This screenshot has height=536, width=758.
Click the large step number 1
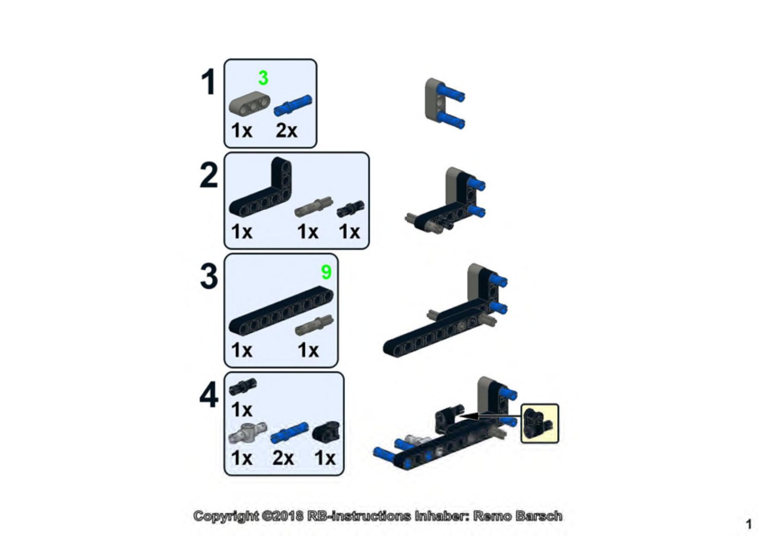coord(209,82)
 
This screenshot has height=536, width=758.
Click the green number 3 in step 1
coord(263,78)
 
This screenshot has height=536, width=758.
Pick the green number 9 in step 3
coord(326,272)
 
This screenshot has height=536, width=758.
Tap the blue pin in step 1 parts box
coord(293,105)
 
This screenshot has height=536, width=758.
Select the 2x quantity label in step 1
coord(286,130)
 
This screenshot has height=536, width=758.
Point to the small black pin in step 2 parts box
coord(350,208)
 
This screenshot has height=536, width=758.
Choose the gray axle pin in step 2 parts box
coord(314,207)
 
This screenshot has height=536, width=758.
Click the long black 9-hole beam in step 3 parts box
coord(281,310)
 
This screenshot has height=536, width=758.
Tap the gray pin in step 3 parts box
coord(314,325)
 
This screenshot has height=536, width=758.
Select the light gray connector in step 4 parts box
coord(248,433)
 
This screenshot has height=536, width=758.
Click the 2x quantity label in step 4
coord(283,458)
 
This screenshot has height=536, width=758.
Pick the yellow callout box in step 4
coord(539,424)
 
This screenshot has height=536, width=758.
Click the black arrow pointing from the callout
coord(488,416)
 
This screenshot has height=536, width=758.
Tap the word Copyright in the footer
coord(226,516)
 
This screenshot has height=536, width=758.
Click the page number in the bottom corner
coord(748,524)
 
